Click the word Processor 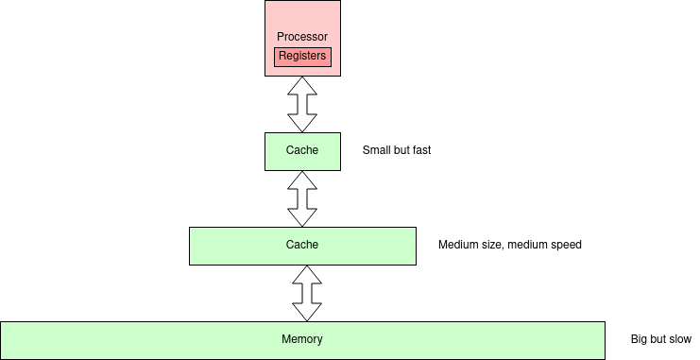tap(302, 37)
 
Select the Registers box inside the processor tap(302, 57)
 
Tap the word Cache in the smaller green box tap(302, 150)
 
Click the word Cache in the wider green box tap(302, 245)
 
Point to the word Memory tap(302, 339)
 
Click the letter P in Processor tap(281, 37)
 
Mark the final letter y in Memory tap(319, 340)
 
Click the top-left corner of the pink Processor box tap(265, 1)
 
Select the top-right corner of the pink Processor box tap(339, 1)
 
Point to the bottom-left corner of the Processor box tap(265, 75)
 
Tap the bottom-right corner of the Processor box tap(339, 75)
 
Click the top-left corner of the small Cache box tap(265, 133)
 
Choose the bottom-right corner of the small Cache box tap(339, 169)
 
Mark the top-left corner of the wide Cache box tap(190, 228)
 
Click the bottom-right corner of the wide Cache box tap(415, 264)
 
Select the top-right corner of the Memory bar tap(604, 322)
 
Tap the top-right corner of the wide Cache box tap(415, 228)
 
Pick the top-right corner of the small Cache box tap(339, 133)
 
